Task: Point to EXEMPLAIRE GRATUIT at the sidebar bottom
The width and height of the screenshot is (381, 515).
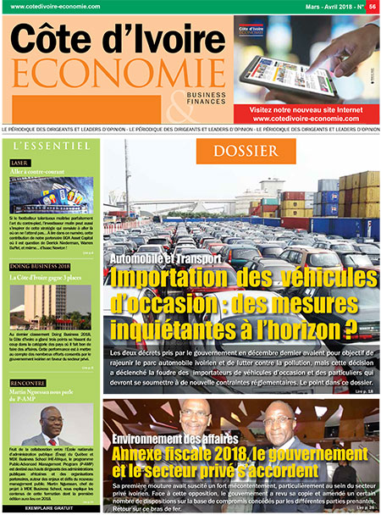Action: tap(51, 508)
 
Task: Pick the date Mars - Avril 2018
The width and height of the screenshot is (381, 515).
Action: tap(309, 6)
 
